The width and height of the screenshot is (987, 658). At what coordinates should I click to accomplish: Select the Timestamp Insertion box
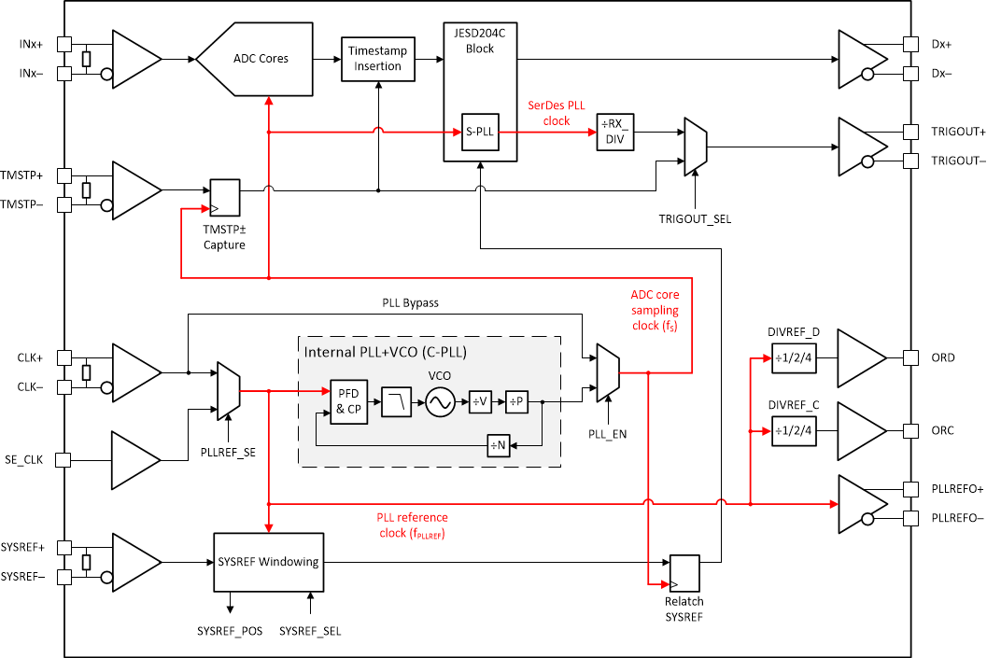(377, 59)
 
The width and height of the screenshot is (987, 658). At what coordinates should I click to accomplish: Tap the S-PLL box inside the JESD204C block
(479, 133)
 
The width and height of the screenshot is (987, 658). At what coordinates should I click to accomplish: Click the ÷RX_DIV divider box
(615, 133)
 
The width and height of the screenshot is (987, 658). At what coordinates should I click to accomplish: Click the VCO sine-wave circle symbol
(440, 403)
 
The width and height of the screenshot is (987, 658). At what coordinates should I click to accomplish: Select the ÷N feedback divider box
(498, 445)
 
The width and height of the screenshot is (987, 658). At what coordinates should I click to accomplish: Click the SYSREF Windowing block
(268, 562)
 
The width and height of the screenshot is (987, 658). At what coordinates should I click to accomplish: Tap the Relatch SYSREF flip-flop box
(684, 571)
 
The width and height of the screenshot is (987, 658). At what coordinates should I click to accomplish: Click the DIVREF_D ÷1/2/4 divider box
(793, 357)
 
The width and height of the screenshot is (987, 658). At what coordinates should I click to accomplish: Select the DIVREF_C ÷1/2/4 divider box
(793, 431)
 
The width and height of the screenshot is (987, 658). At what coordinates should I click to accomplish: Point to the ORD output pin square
(910, 357)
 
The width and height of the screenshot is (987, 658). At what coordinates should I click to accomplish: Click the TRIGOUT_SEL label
(695, 218)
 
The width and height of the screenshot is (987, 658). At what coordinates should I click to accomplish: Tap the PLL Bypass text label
(410, 303)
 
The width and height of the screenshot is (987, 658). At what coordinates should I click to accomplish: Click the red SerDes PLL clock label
(557, 113)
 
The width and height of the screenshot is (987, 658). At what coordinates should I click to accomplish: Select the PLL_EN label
(608, 433)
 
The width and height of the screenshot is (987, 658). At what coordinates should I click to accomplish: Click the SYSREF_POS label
(229, 631)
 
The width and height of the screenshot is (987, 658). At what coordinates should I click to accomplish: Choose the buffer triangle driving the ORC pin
(858, 431)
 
